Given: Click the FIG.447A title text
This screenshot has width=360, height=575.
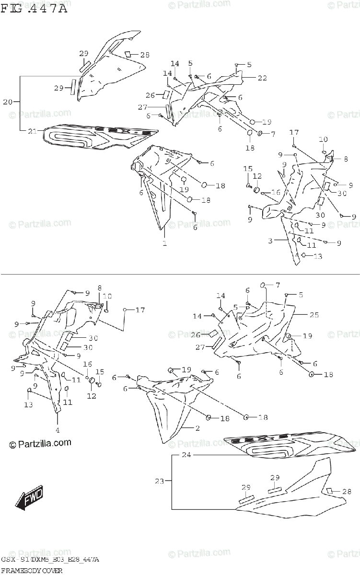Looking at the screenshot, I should tap(34, 9).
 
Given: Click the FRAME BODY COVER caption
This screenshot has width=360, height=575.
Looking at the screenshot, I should tap(32, 570).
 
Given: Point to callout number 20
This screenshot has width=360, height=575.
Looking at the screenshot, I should tap(8, 102).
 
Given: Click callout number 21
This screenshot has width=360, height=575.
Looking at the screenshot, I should tap(32, 131).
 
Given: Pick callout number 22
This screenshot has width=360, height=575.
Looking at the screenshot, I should tap(262, 78).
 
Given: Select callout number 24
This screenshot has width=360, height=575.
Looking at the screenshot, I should tap(186, 455).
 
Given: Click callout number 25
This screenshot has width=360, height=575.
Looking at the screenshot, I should tap(314, 315).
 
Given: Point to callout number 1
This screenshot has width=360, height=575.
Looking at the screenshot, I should tap(164, 243).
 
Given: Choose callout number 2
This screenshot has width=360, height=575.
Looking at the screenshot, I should tap(197, 427).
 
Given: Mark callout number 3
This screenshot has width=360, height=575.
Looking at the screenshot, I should tap(270, 241).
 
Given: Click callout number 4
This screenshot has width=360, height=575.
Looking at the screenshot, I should tap(57, 429).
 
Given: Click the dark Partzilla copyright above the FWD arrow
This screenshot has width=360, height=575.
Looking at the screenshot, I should tap(40, 444).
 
